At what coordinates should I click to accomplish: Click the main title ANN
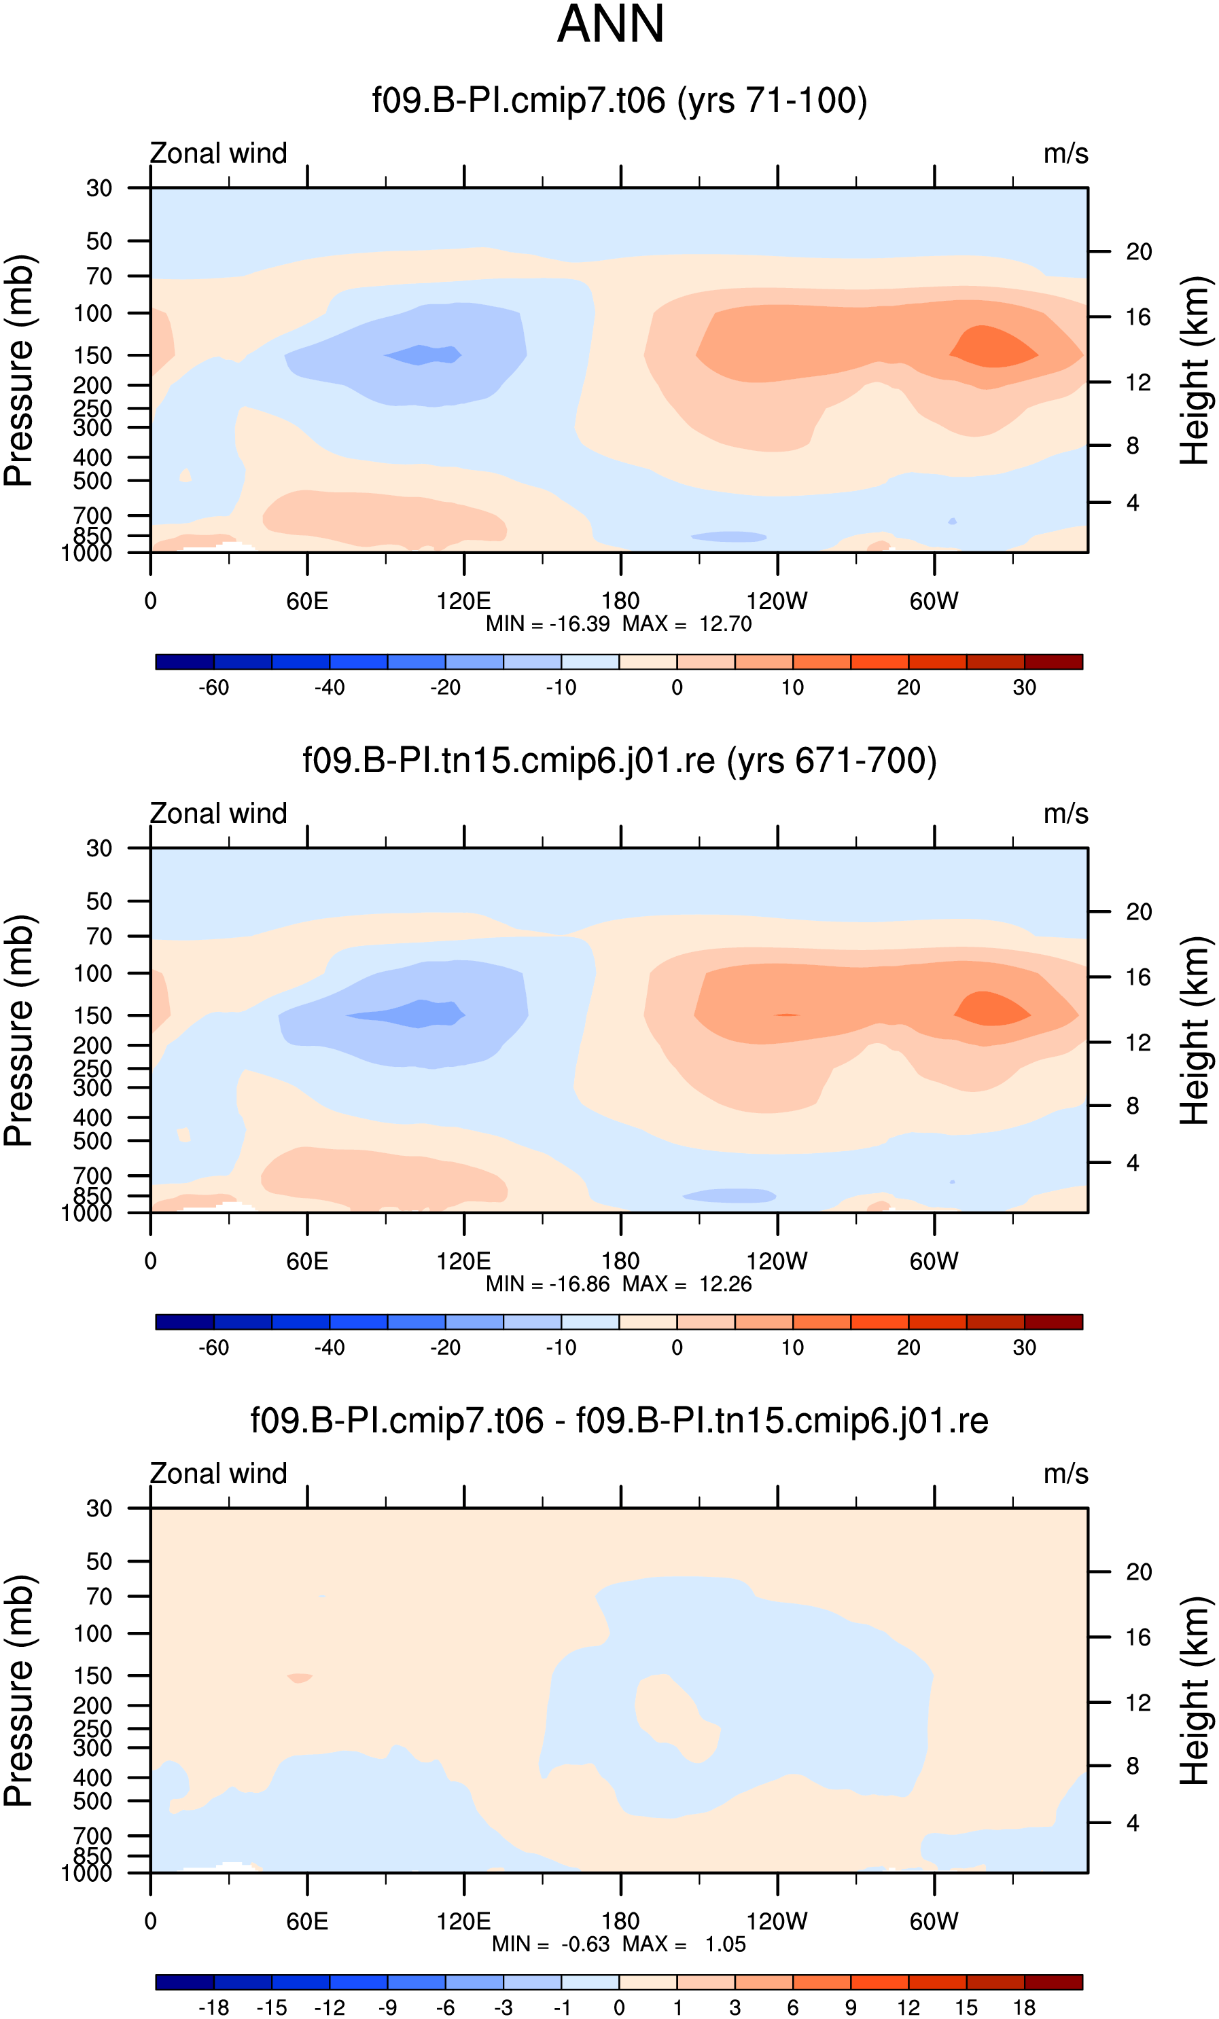610,24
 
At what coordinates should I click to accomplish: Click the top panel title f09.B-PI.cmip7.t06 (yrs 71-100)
620,101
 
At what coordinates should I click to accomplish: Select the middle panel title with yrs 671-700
620,761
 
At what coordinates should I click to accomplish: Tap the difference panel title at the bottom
620,1420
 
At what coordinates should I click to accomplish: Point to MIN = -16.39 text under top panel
548,624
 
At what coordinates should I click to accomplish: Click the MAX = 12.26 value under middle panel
687,1284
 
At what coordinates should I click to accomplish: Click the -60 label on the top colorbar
213,687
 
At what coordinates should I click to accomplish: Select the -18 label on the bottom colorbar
213,2007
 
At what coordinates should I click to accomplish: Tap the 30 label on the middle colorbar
1024,1347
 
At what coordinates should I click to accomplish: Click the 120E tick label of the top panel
464,602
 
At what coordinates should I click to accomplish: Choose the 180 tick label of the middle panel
620,1261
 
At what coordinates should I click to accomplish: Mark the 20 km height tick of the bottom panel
1139,1571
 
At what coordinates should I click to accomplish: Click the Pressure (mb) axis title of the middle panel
18,1030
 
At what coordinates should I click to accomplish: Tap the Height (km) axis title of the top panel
1195,370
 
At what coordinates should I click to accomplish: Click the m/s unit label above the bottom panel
1065,1473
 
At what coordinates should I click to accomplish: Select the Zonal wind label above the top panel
218,153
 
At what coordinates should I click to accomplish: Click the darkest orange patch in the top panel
993,346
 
